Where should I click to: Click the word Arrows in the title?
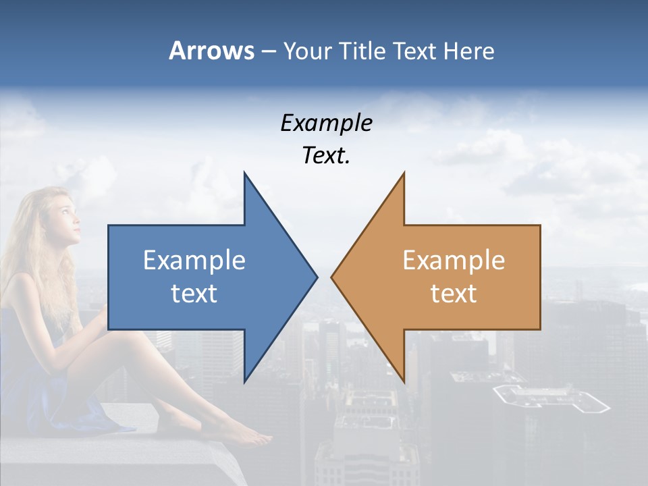tap(211, 51)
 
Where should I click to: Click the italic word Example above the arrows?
tap(326, 124)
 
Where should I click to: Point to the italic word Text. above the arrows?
tap(326, 156)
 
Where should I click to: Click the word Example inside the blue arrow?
tap(194, 261)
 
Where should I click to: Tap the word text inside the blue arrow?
tap(194, 294)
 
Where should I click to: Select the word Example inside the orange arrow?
tap(454, 261)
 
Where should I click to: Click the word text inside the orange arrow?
tap(454, 294)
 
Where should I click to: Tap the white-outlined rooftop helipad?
tap(550, 400)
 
